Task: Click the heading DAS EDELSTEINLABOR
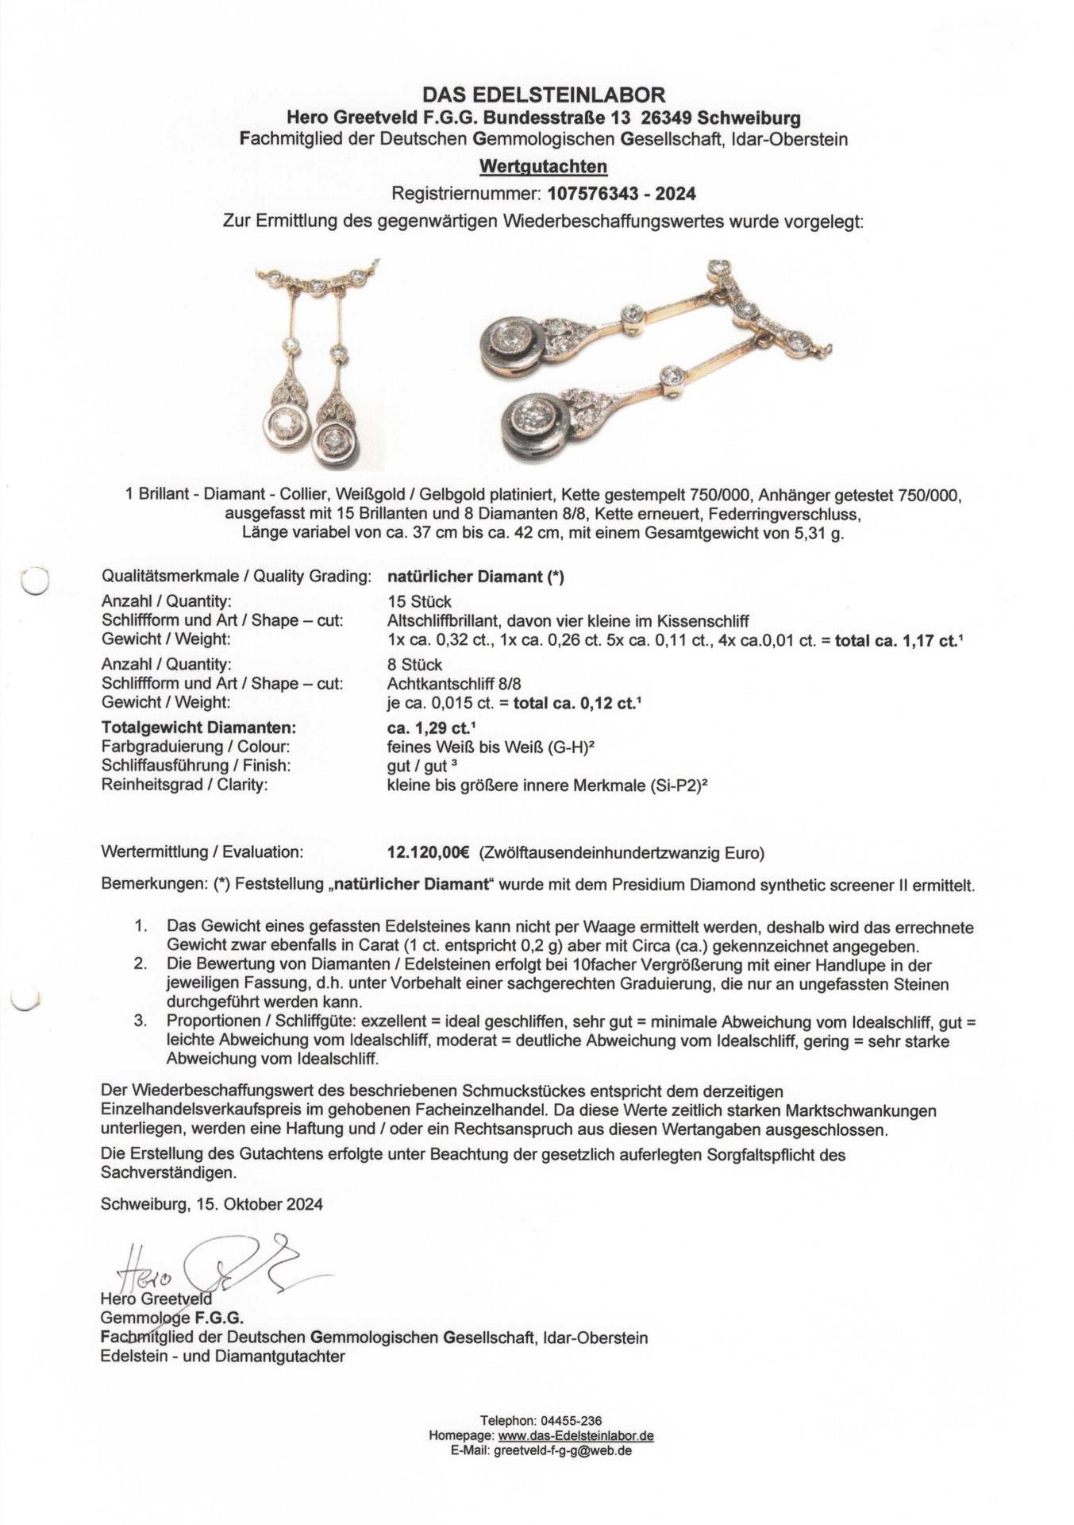543,95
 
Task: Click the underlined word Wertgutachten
543,167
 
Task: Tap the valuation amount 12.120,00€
429,853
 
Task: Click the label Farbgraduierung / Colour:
195,747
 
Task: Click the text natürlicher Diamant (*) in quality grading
475,577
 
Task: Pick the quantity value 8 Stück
415,665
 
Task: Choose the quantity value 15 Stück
419,601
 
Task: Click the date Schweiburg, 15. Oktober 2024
212,1204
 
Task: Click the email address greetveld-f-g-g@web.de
563,1450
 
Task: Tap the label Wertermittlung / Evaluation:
202,853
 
